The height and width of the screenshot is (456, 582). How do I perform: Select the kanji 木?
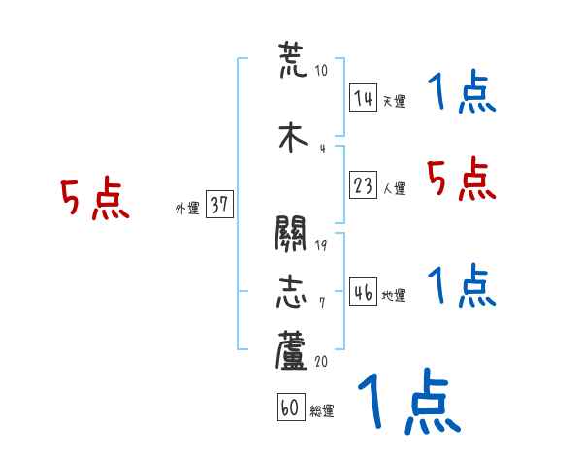pos(291,138)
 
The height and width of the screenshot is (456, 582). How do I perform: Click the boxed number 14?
pos(364,98)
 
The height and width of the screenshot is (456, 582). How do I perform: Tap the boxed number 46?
pos(364,292)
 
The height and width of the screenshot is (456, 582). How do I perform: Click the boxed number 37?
pos(219,205)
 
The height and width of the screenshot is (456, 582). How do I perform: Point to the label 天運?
pos(394,101)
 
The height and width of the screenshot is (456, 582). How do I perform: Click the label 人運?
pos(394,189)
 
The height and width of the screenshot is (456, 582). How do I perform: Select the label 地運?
pos(394,296)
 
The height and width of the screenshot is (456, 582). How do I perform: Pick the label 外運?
pos(187,209)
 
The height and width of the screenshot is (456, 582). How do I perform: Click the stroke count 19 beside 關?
pos(321,245)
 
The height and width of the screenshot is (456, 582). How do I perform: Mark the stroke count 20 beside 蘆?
pos(321,361)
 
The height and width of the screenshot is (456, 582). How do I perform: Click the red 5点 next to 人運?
pos(462,178)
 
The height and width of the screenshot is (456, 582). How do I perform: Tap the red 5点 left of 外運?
pos(94,199)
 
